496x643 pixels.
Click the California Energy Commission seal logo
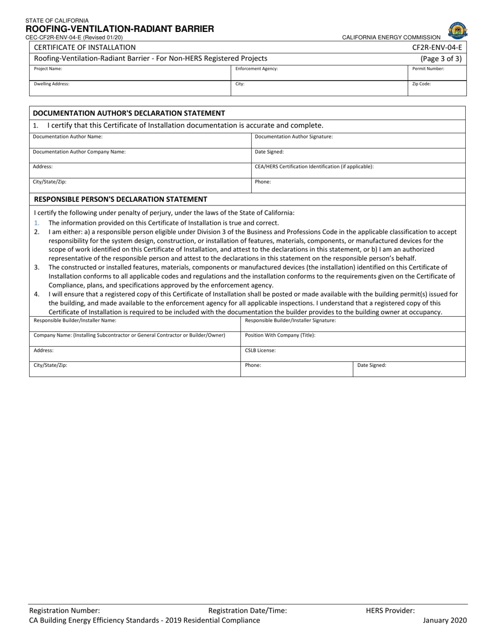(457, 30)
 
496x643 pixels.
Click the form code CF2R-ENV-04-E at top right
(437, 47)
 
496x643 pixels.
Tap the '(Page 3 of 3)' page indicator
(441, 59)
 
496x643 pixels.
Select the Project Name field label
(48, 68)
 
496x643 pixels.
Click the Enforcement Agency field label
(256, 68)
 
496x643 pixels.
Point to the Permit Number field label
(428, 68)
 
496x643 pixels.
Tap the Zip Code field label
(421, 84)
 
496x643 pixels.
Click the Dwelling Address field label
(52, 84)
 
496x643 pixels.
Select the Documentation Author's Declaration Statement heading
(129, 113)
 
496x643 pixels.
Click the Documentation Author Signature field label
(293, 136)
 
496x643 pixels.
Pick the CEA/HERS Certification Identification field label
(314, 166)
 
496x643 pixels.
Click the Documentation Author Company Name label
(79, 152)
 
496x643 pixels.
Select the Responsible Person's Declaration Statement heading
(120, 199)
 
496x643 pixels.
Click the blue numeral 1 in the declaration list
(37, 223)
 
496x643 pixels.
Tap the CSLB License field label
(260, 351)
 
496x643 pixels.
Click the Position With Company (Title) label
(280, 335)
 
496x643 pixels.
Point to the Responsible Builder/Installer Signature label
(290, 320)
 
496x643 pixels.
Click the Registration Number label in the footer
(64, 610)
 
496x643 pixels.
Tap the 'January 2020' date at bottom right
(444, 621)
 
